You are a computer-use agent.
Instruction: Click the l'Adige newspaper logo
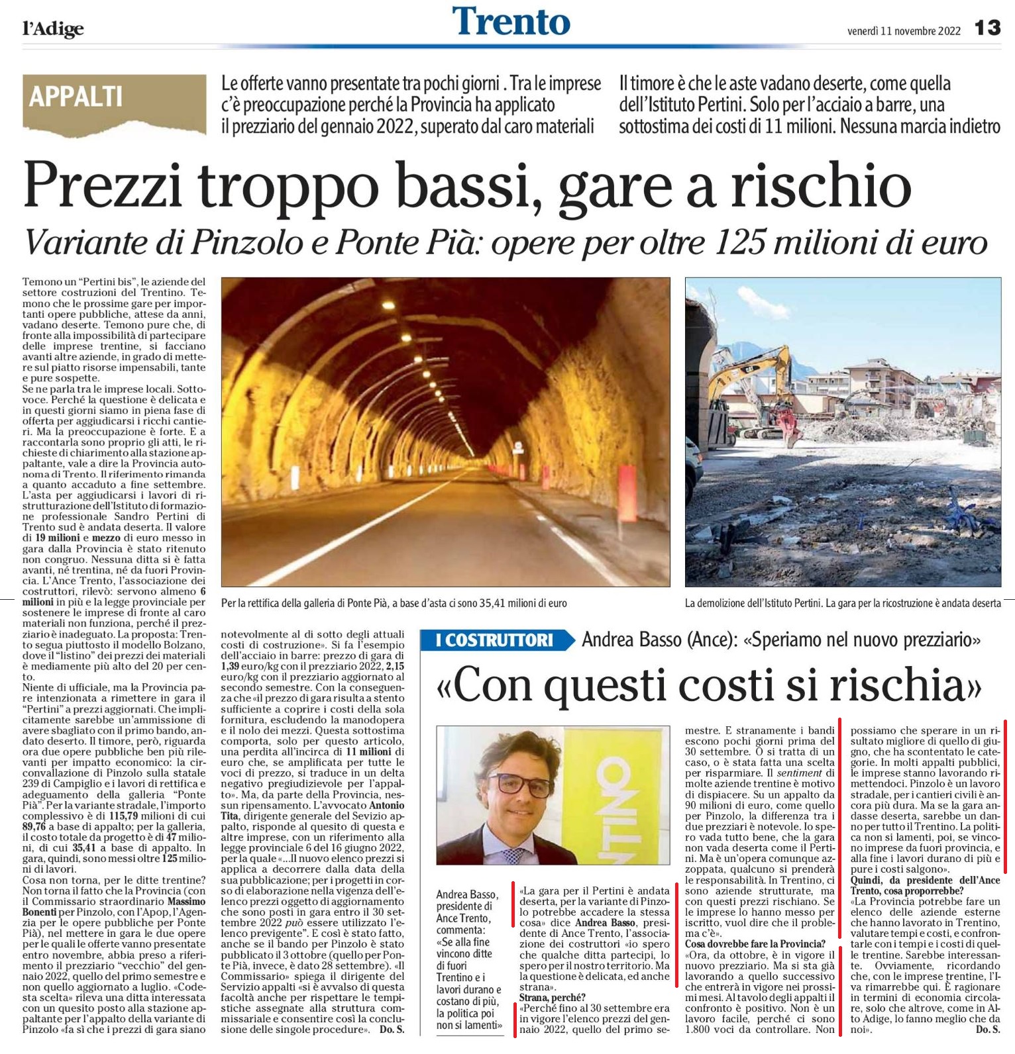tap(53, 28)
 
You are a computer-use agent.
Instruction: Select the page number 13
tap(987, 28)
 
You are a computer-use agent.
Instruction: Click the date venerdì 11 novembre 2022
tap(903, 30)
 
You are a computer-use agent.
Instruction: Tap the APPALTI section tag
tap(76, 97)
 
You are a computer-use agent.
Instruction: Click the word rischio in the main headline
tap(821, 187)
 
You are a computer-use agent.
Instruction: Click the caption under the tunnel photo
tap(394, 603)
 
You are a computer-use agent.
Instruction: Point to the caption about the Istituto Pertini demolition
tap(843, 603)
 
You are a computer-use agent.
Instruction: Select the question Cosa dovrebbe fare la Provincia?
tap(755, 943)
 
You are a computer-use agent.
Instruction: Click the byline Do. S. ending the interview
tap(988, 1030)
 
